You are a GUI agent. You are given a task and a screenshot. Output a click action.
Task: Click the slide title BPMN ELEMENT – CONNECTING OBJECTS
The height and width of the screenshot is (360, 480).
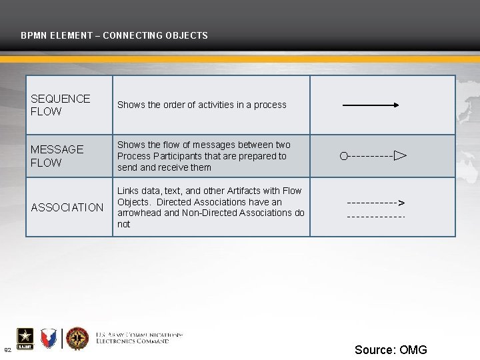(114, 35)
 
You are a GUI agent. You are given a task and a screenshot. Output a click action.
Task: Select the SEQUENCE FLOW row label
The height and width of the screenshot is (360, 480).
(60, 105)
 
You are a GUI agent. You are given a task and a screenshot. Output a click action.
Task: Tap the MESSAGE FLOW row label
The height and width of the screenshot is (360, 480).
(57, 156)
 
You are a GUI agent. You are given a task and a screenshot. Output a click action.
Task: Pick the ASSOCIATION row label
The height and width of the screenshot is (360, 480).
(67, 207)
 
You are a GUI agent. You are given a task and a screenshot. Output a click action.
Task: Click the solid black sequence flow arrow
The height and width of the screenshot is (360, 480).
(371, 105)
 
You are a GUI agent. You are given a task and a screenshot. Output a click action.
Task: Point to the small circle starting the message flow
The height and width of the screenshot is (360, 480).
(343, 156)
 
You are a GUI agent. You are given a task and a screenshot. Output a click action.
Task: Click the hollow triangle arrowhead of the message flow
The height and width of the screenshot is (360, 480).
(399, 156)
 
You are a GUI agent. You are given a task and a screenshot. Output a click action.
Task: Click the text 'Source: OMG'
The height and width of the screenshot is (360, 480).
(391, 350)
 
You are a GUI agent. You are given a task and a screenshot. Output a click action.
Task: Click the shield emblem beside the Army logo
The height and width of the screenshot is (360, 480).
(49, 339)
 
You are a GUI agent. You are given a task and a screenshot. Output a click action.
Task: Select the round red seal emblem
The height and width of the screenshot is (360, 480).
(77, 339)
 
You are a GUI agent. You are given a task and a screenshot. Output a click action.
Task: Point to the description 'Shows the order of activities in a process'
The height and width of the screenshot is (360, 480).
(201, 105)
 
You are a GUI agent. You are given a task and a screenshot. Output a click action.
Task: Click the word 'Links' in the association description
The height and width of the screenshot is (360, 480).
(129, 191)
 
